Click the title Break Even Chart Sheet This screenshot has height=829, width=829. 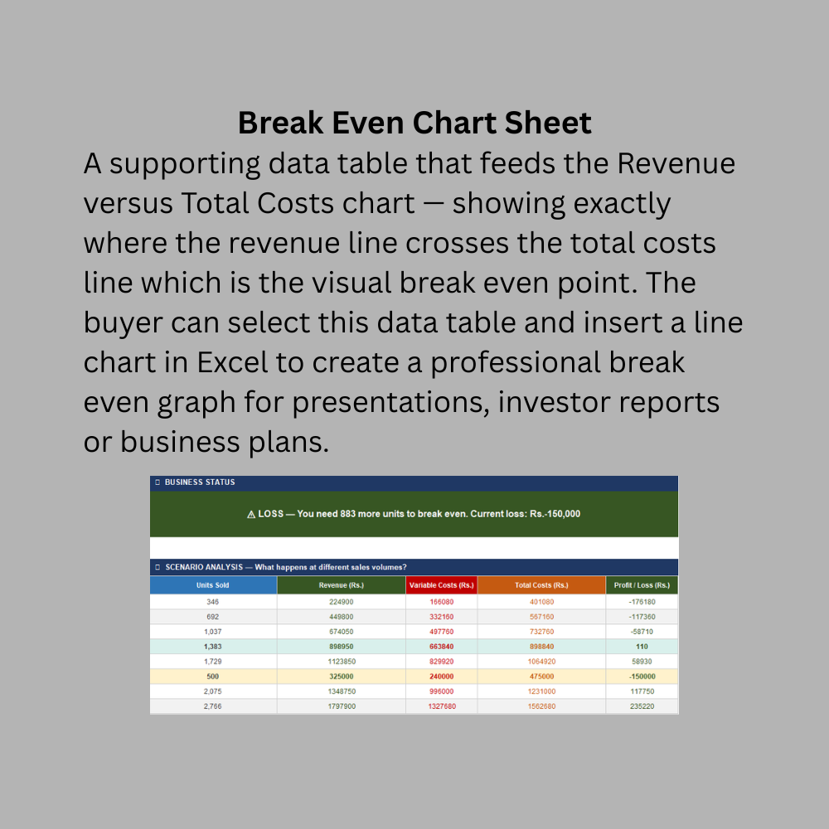point(414,123)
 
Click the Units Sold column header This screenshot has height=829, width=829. point(212,585)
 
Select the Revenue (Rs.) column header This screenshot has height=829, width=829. point(341,585)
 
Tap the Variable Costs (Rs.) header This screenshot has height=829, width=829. point(442,585)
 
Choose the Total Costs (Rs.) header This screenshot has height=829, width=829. point(541,585)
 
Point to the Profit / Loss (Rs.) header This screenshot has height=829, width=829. point(642,585)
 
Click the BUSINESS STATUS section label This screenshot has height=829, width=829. point(200,482)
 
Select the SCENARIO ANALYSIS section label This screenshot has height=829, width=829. point(204,567)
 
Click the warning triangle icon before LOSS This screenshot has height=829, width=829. point(251,515)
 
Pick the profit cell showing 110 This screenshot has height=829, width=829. point(642,647)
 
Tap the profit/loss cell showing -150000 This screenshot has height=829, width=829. point(642,676)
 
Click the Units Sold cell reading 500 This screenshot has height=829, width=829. point(212,676)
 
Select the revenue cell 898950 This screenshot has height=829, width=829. point(341,647)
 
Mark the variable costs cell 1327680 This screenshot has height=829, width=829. point(442,706)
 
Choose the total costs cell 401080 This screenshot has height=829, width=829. point(541,602)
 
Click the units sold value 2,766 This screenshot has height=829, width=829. point(212,706)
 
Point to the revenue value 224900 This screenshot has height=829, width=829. point(341,602)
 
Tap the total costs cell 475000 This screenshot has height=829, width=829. point(541,676)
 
